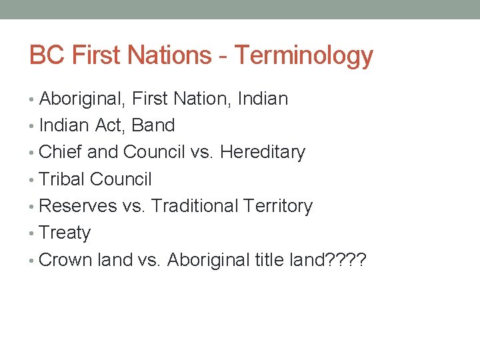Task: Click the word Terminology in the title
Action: pyautogui.click(x=304, y=55)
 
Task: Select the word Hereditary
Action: pyautogui.click(x=262, y=153)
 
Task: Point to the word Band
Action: pyautogui.click(x=153, y=125)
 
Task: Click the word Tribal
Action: pyautogui.click(x=62, y=179)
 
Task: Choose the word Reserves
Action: pyautogui.click(x=77, y=207)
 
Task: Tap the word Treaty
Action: pyautogui.click(x=65, y=233)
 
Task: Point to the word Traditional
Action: pyautogui.click(x=193, y=207)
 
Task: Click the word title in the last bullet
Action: pyautogui.click(x=269, y=260)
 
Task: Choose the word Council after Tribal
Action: pyautogui.click(x=121, y=179)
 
